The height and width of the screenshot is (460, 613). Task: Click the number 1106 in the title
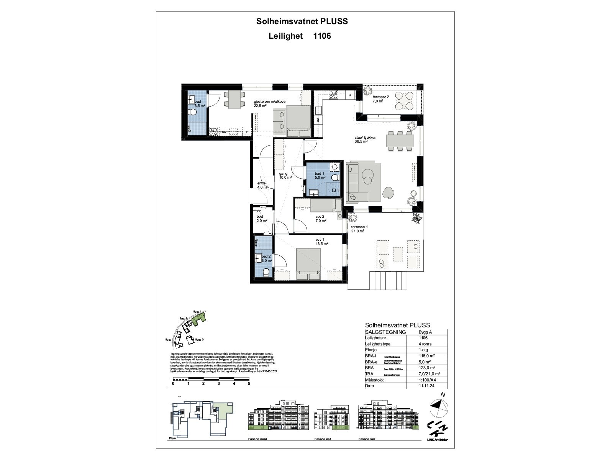tap(322, 36)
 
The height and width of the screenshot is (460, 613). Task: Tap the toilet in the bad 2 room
tap(266, 272)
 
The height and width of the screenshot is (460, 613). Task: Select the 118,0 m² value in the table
tap(427, 356)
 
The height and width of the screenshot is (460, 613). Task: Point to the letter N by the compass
tap(443, 394)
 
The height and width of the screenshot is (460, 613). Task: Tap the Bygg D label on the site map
tap(200, 340)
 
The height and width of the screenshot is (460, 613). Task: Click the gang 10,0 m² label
tap(285, 176)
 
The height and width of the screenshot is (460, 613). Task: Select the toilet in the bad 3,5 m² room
tap(193, 112)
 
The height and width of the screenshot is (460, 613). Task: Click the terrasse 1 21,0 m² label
tap(359, 229)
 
